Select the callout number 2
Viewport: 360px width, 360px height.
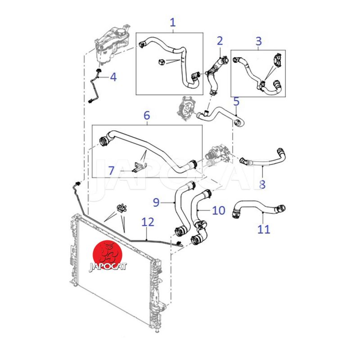(220, 41)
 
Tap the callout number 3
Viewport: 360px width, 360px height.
(258, 41)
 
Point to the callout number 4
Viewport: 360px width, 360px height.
(113, 77)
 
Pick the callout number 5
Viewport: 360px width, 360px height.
(237, 102)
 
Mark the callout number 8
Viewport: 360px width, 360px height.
(262, 184)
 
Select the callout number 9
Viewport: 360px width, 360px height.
(156, 202)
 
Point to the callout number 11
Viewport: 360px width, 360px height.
(264, 229)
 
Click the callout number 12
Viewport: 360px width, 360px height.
(148, 222)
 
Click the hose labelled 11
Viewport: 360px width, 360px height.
(259, 207)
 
